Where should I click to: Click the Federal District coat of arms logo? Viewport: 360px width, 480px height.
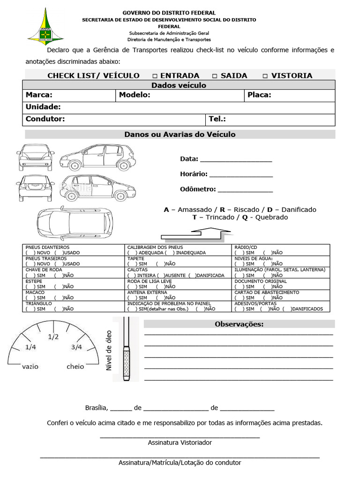pyautogui.click(x=45, y=26)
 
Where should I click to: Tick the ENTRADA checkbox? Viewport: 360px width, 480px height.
pyautogui.click(x=155, y=76)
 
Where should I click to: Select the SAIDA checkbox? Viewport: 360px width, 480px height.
pyautogui.click(x=215, y=76)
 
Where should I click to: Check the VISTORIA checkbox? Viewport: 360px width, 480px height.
pyautogui.click(x=265, y=76)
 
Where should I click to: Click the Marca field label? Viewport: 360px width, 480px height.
pyautogui.click(x=39, y=95)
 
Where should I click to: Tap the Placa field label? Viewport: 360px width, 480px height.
pyautogui.click(x=259, y=95)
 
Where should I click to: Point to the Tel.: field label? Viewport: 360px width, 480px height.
pyautogui.click(x=217, y=119)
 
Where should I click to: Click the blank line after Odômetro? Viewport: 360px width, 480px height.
pyautogui.click(x=245, y=190)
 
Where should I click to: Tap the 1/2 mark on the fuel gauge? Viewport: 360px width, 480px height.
pyautogui.click(x=53, y=337)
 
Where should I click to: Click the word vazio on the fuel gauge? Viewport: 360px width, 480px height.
pyautogui.click(x=30, y=367)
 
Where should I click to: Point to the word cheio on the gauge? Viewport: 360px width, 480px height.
pyautogui.click(x=75, y=367)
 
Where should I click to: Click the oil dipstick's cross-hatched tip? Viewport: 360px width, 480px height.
pyautogui.click(x=126, y=364)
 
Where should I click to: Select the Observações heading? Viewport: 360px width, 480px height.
pyautogui.click(x=239, y=324)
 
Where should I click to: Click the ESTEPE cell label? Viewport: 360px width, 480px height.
pyautogui.click(x=34, y=281)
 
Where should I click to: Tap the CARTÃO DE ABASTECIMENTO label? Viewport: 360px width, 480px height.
pyautogui.click(x=267, y=292)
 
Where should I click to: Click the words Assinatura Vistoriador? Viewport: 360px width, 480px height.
pyautogui.click(x=180, y=442)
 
